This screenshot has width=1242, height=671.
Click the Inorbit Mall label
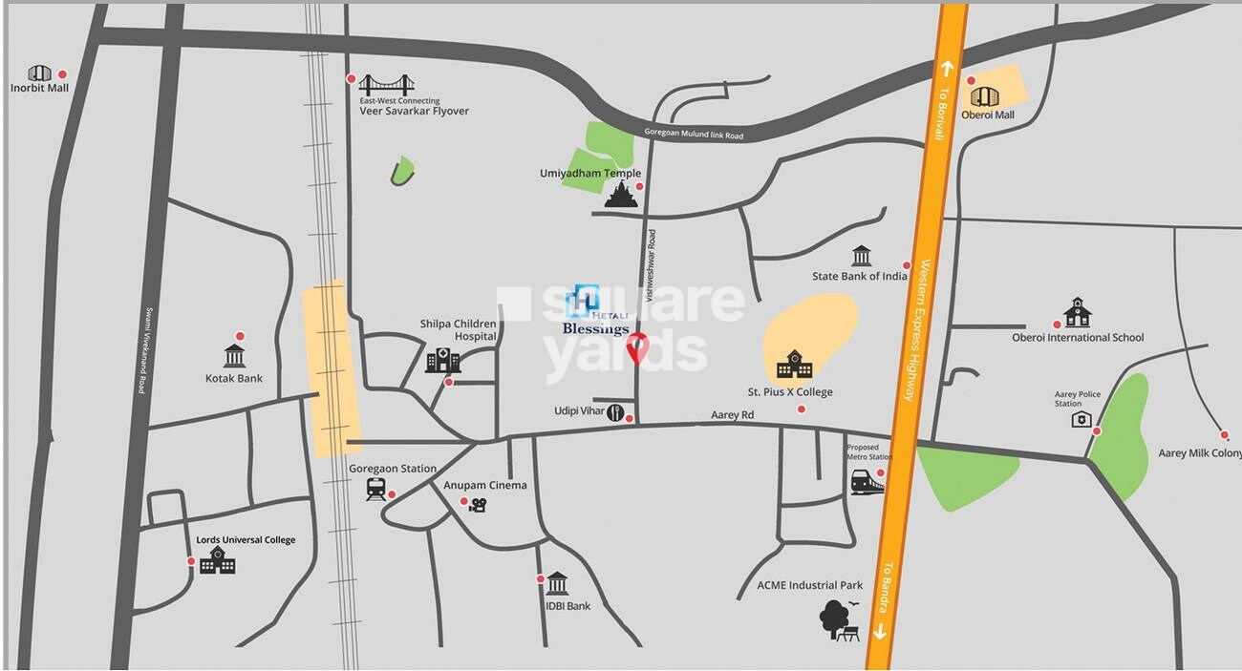[x=39, y=89]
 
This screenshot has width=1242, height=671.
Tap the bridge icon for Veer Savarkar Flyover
[x=386, y=82]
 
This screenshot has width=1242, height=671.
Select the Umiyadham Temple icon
[x=621, y=195]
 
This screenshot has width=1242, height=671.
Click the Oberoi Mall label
[x=987, y=115]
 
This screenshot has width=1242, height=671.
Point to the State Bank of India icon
[x=861, y=256]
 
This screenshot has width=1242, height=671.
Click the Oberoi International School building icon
[x=1077, y=312]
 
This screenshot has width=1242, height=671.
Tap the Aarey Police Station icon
[x=1081, y=419]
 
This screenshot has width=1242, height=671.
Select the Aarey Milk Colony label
[x=1199, y=453]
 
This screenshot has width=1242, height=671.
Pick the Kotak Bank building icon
[x=235, y=356]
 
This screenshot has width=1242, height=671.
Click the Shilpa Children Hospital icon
[x=442, y=360]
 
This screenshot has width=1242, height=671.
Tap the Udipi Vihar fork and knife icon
[x=615, y=412]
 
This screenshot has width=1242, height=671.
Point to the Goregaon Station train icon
[x=375, y=489]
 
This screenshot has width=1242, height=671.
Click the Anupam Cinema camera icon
[x=479, y=505]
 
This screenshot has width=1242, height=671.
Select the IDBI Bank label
[x=567, y=606]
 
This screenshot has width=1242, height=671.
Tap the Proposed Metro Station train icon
[x=867, y=481]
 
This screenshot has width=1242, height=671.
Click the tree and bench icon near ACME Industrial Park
[x=839, y=619]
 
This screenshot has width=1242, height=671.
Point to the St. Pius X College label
[x=789, y=392]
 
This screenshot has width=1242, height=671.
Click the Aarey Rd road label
[x=732, y=415]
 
